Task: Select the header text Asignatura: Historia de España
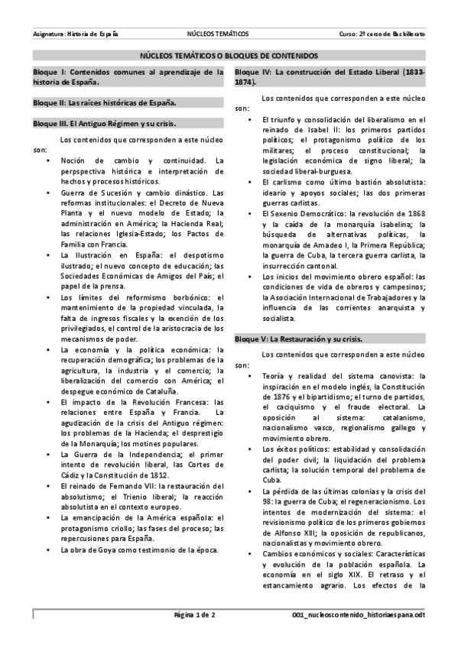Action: click(76, 34)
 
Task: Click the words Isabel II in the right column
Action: click(307, 130)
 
